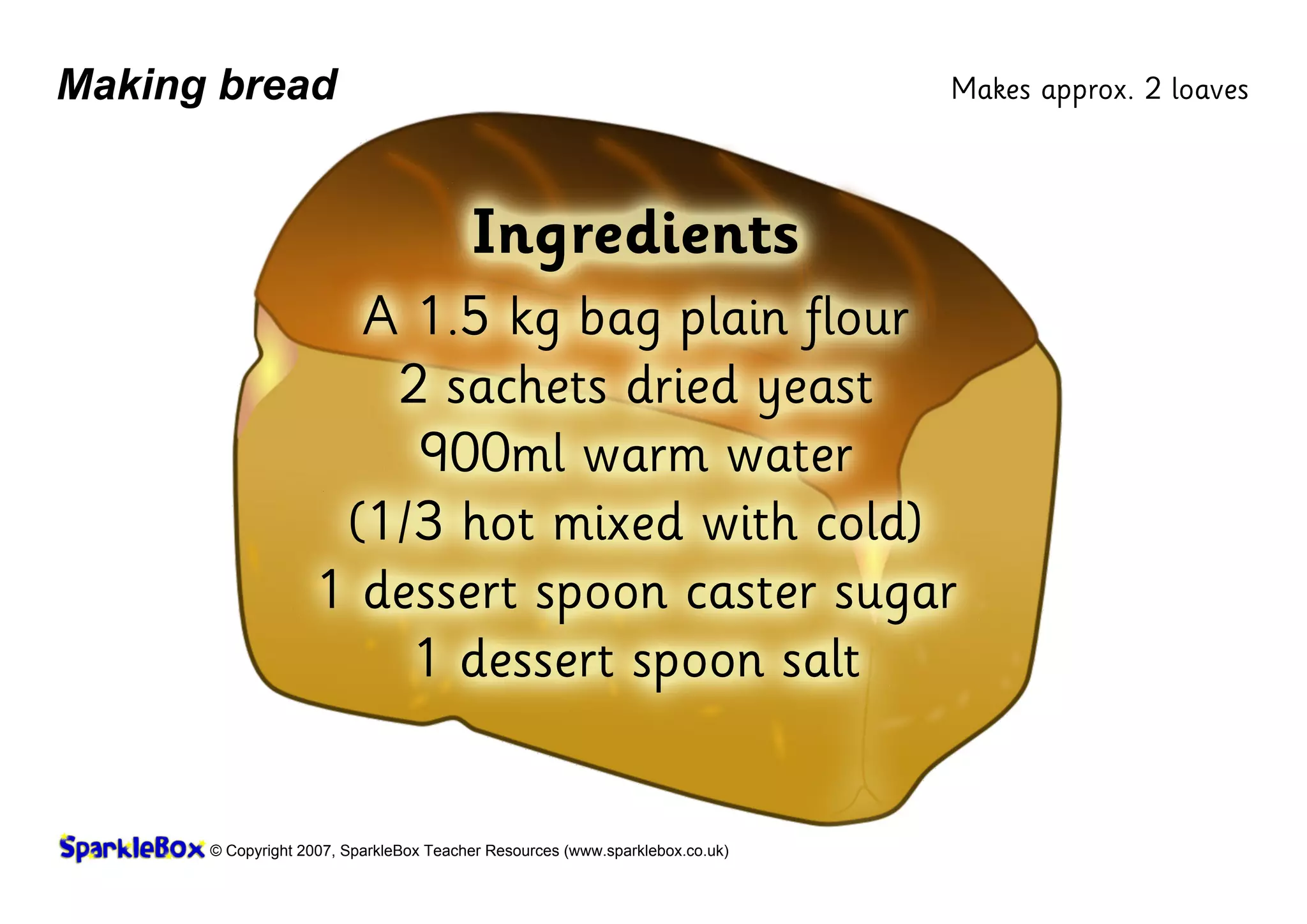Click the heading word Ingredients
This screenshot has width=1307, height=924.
coord(635,235)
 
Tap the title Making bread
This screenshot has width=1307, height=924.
coord(197,85)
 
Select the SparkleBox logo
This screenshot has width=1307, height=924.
coord(131,848)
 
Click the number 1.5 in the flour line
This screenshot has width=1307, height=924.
coord(454,317)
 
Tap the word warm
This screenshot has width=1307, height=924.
coord(645,456)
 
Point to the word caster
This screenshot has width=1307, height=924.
coord(751,593)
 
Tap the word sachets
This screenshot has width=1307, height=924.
coord(526,387)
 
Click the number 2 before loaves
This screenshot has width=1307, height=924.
coord(1153,89)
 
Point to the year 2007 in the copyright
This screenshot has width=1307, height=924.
coord(315,851)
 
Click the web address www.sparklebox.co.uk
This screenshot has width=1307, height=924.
coord(646,851)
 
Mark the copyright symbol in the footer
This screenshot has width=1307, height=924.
coord(216,851)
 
